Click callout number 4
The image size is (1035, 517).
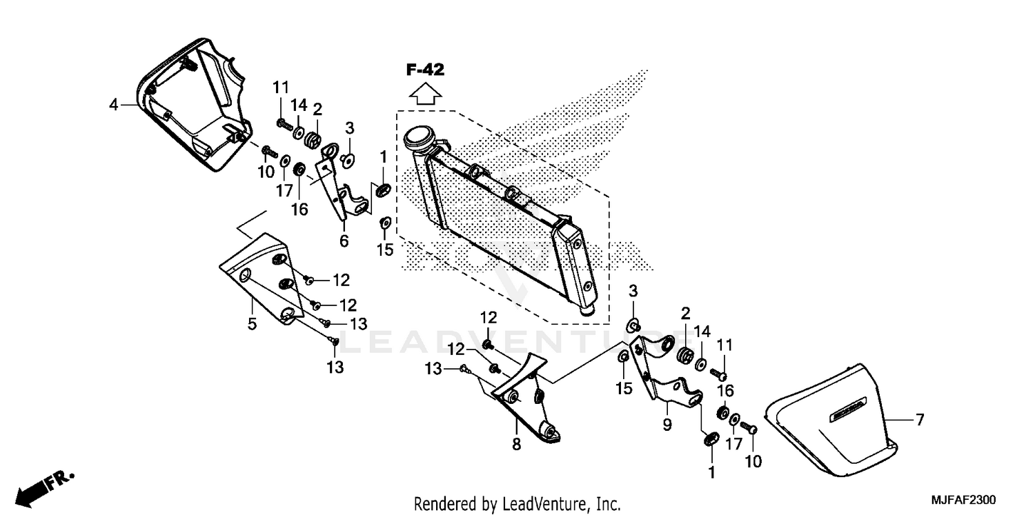pyautogui.click(x=113, y=105)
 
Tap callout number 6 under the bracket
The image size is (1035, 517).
pyautogui.click(x=344, y=241)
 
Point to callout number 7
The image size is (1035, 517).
pyautogui.click(x=920, y=419)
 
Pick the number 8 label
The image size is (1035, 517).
pyautogui.click(x=516, y=445)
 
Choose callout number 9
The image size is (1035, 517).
pyautogui.click(x=667, y=425)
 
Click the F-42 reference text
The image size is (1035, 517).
pyautogui.click(x=425, y=69)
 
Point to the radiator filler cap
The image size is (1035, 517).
pyautogui.click(x=419, y=139)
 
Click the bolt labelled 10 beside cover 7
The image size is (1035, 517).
pyautogui.click(x=753, y=429)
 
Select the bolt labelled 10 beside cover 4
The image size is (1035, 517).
pyautogui.click(x=268, y=151)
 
